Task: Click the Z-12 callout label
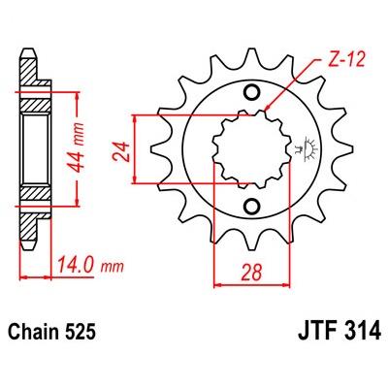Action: click(347, 60)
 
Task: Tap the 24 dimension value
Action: click(120, 151)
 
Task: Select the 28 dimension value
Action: click(252, 273)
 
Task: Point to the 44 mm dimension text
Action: click(77, 148)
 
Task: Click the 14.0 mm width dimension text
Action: click(90, 266)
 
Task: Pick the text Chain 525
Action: click(51, 331)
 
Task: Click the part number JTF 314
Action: click(339, 331)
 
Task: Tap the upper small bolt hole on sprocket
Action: click(252, 92)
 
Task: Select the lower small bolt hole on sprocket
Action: click(252, 206)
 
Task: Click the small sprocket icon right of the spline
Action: click(306, 149)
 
